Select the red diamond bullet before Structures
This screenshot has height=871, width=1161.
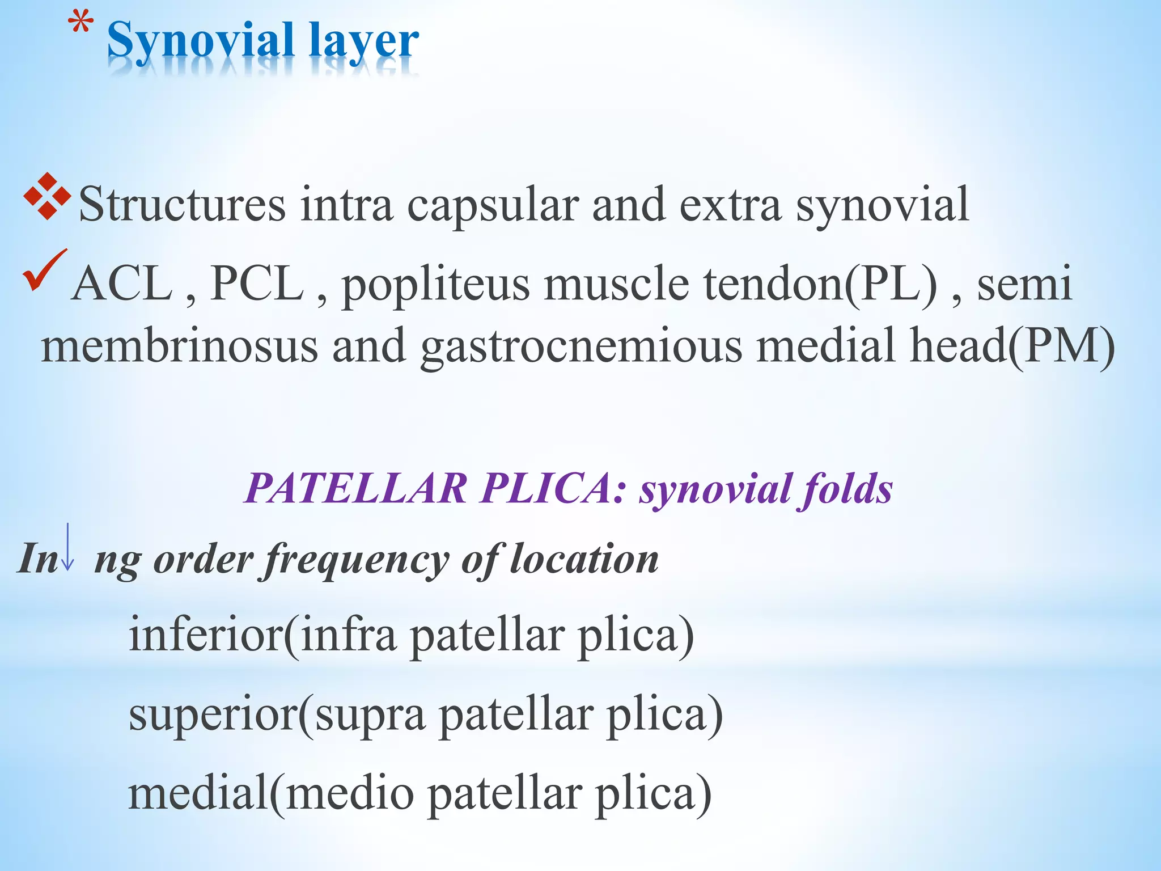(47, 196)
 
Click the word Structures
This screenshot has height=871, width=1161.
(182, 204)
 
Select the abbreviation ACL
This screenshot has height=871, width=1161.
(122, 283)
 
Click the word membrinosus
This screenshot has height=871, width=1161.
(179, 346)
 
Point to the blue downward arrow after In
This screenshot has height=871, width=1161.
(67, 547)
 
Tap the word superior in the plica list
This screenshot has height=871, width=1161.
(213, 714)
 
